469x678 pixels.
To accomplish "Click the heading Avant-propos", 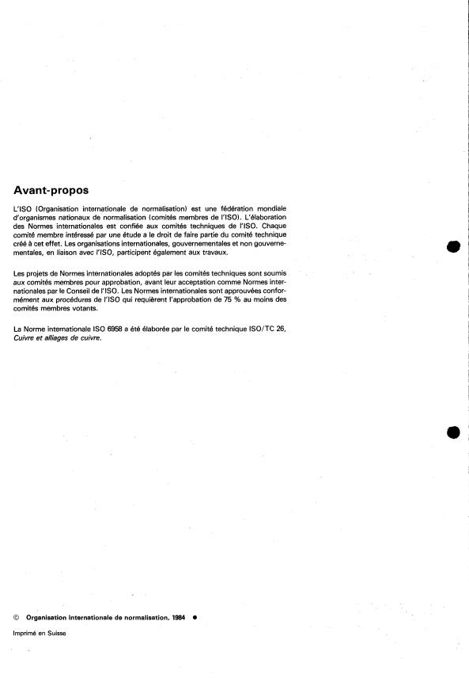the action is click(51, 190).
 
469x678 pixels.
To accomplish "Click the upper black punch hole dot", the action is click(453, 246).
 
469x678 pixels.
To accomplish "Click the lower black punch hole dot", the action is click(453, 432).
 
